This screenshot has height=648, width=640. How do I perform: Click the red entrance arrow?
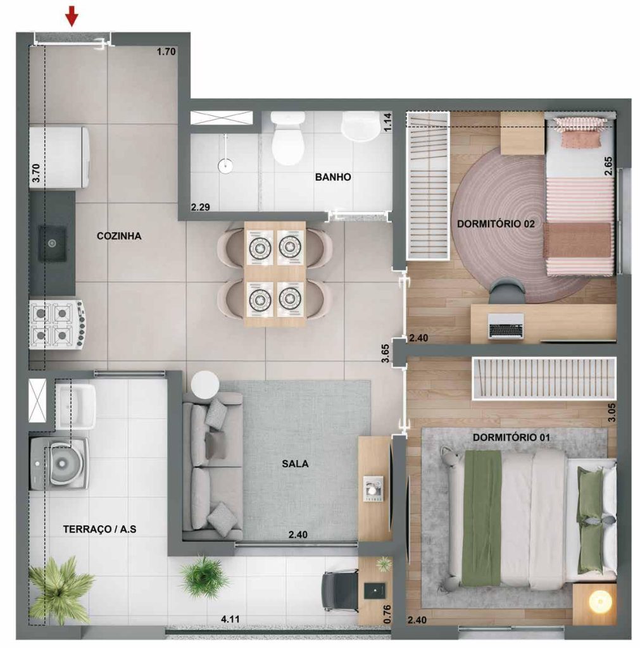[72, 16]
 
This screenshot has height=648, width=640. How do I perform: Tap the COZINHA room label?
[119, 236]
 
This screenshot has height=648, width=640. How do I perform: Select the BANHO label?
[332, 177]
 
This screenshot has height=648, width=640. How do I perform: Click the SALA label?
[295, 463]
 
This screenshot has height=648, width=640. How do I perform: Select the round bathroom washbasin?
[360, 127]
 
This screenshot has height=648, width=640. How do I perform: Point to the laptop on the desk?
[505, 326]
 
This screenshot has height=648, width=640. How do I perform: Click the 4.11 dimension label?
[229, 620]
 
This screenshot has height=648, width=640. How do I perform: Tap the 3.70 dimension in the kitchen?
[35, 173]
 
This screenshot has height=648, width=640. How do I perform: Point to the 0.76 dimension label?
[388, 613]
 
